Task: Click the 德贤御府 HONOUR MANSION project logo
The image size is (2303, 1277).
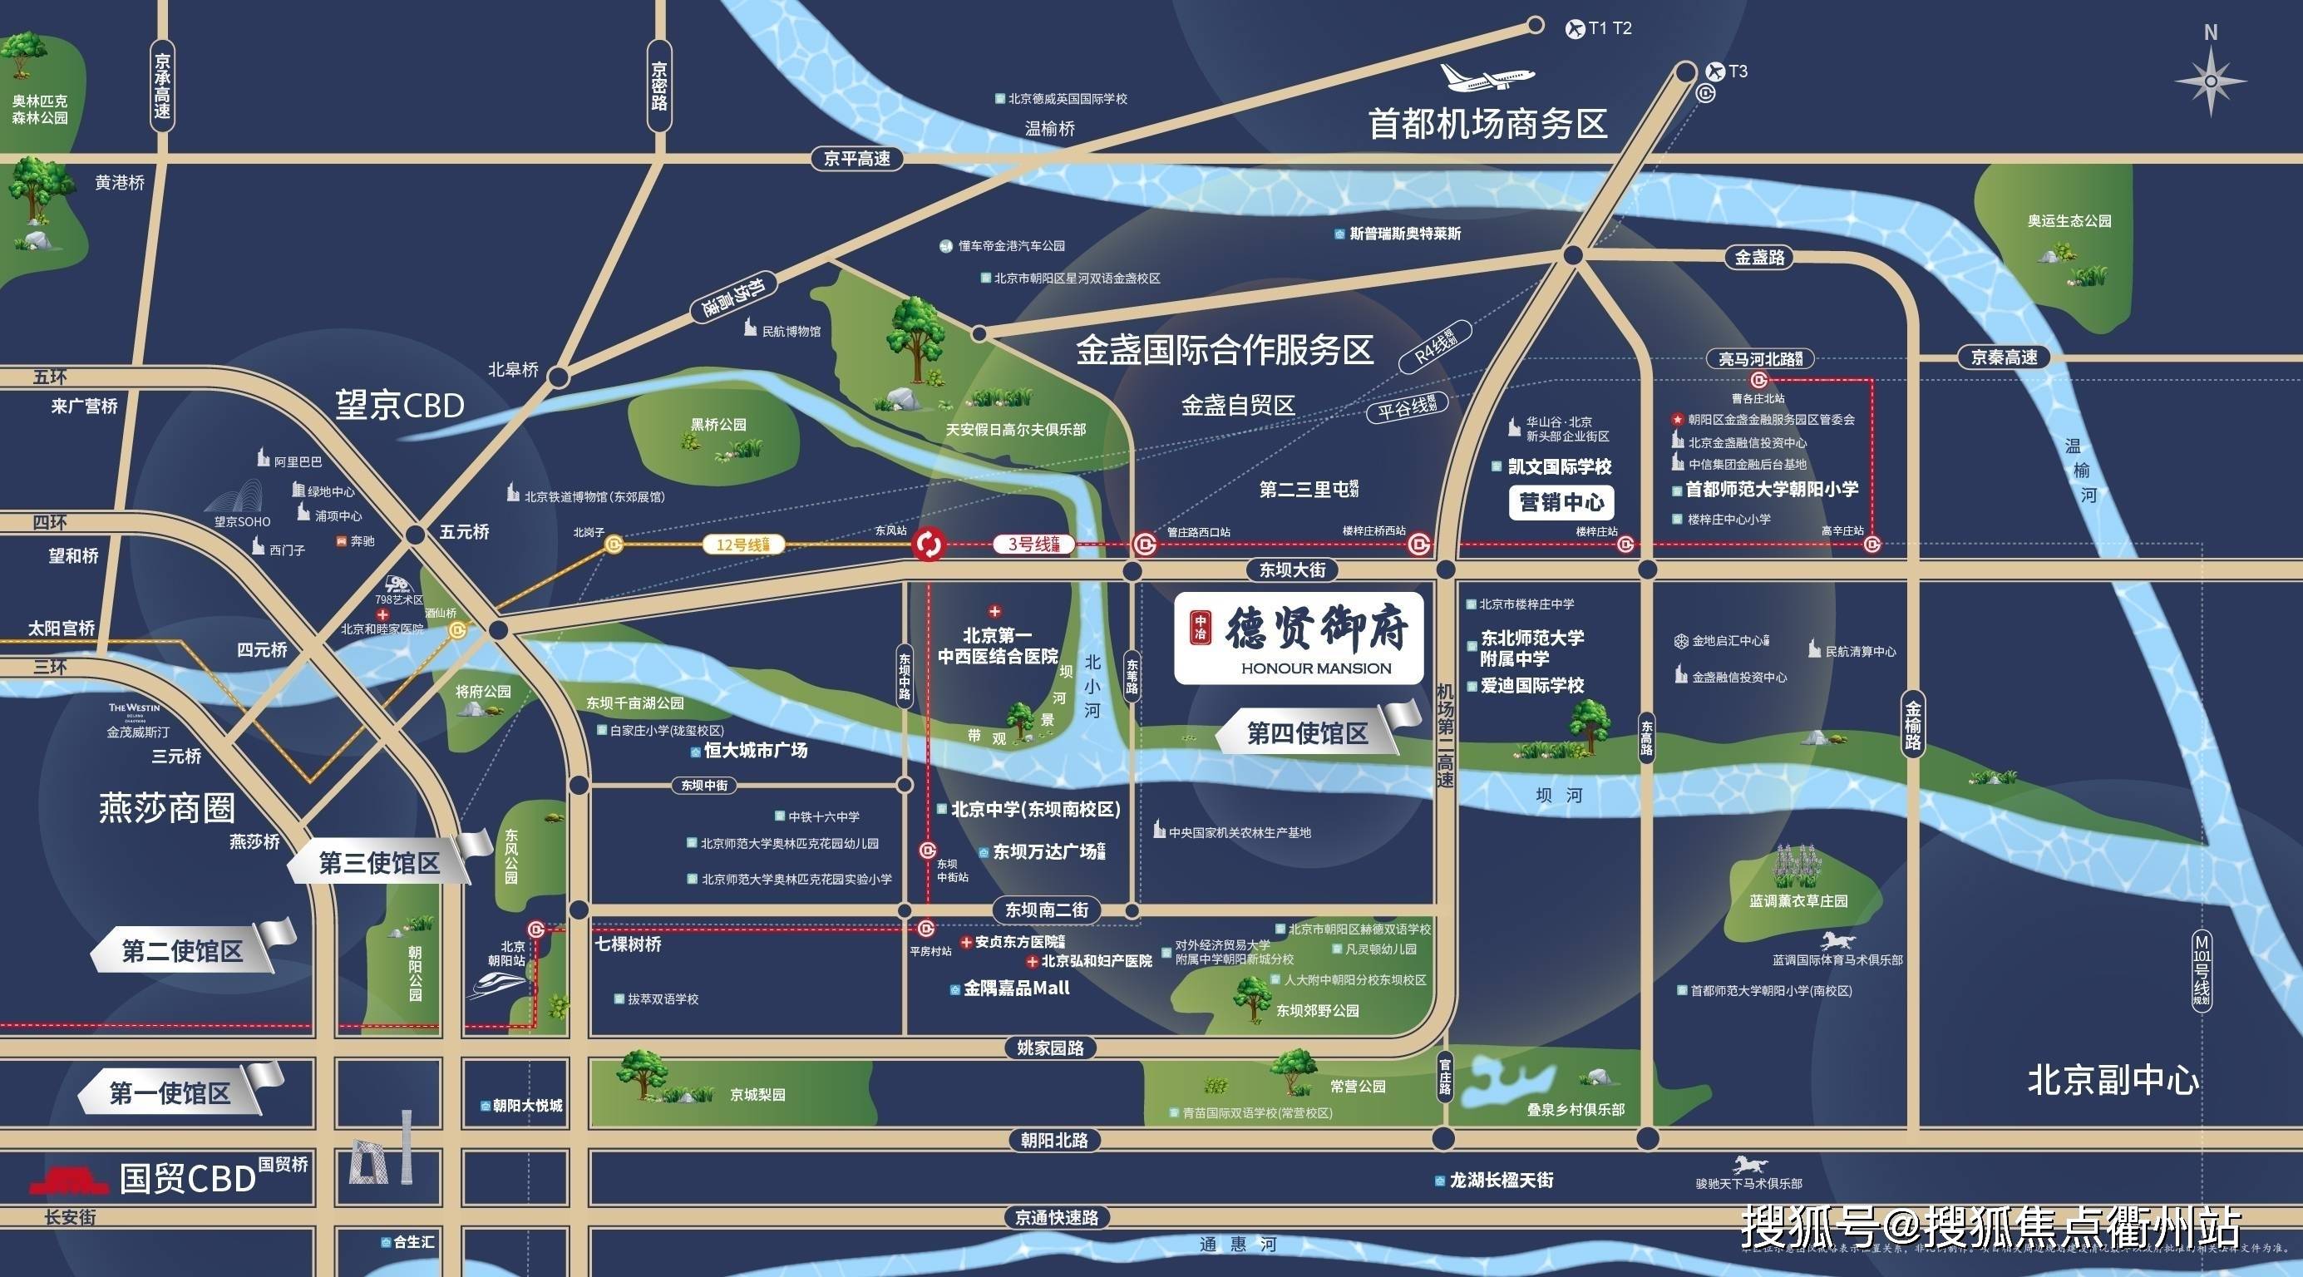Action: click(x=1298, y=638)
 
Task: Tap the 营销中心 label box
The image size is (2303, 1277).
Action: click(x=1561, y=503)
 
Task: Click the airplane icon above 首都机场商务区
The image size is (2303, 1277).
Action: click(x=1487, y=77)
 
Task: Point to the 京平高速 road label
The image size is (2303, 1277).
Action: click(x=857, y=159)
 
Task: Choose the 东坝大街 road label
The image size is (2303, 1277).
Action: click(x=1291, y=569)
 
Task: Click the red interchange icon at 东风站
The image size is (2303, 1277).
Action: click(x=929, y=543)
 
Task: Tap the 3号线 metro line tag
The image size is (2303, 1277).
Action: click(x=1033, y=544)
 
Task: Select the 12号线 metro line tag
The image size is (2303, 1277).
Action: click(x=743, y=544)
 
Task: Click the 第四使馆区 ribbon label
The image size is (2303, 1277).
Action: click(x=1307, y=734)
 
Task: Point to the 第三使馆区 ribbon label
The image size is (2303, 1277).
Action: click(x=380, y=863)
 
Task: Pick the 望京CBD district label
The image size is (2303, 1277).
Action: click(x=401, y=406)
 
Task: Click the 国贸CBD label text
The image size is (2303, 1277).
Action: click(x=188, y=1179)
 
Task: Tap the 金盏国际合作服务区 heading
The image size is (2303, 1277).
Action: click(x=1224, y=351)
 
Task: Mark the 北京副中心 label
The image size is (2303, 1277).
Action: click(x=2113, y=1080)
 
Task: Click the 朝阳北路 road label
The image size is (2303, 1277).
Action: click(x=1054, y=1140)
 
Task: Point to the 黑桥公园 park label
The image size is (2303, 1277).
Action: click(x=718, y=424)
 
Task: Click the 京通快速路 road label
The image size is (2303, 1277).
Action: click(x=1056, y=1217)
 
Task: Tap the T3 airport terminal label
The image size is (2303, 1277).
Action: click(x=1737, y=71)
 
